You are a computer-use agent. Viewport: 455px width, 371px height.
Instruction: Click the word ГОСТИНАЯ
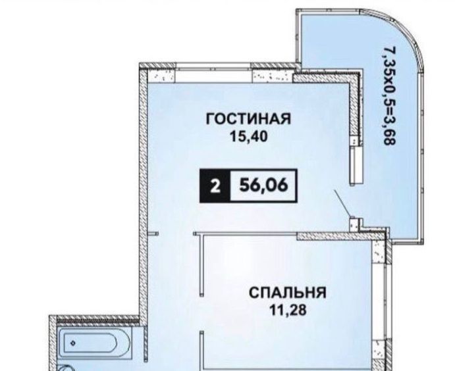tap(248, 119)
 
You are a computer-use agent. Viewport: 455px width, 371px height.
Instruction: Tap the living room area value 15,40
tap(248, 136)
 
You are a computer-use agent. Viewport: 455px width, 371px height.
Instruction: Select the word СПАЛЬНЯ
tap(288, 293)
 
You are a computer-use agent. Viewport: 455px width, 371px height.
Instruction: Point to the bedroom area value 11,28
tap(288, 310)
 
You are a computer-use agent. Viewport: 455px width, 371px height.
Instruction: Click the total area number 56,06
tap(263, 185)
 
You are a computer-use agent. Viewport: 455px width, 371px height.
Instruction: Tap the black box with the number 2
tap(215, 185)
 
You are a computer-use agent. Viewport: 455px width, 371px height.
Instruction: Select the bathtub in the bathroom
tap(90, 343)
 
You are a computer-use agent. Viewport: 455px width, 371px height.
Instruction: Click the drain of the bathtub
tap(73, 343)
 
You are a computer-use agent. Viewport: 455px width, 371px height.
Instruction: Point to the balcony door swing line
tap(342, 203)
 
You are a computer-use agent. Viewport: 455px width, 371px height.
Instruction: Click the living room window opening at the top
tap(213, 75)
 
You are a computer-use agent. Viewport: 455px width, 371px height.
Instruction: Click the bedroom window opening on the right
tap(379, 301)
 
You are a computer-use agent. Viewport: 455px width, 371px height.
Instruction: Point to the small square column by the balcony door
tap(355, 224)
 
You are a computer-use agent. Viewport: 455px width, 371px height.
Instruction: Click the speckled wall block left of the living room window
tap(161, 76)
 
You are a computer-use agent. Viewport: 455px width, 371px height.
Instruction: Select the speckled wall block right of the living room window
tap(271, 76)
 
